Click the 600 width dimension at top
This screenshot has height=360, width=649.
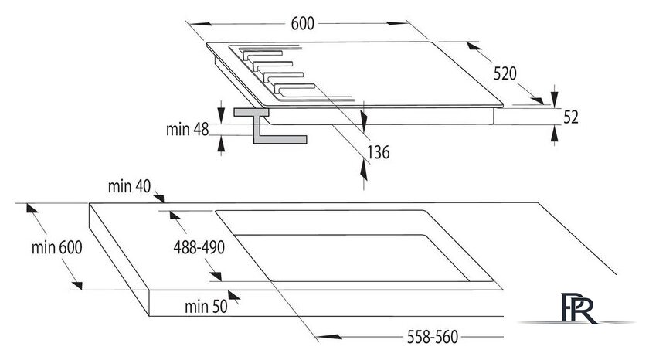coord(303,24)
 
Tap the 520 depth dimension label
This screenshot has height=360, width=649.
coord(505,74)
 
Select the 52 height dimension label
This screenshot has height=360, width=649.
coord(571,117)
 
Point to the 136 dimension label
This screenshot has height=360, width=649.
coord(377,152)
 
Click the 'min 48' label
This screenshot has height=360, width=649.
coord(188,129)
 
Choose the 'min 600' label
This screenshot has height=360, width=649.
coord(56,247)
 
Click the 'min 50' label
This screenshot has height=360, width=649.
coord(205,306)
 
